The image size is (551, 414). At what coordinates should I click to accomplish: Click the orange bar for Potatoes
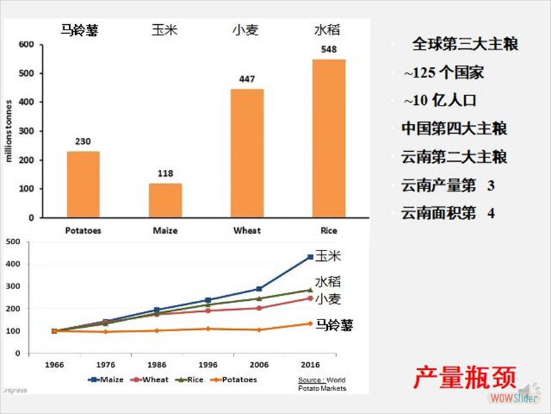click(83, 184)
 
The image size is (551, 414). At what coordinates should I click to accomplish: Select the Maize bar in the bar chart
click(165, 200)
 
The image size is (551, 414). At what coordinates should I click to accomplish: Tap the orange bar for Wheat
click(247, 153)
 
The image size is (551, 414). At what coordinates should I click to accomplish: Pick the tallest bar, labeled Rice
click(329, 138)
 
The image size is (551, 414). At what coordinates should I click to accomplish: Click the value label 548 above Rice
click(329, 50)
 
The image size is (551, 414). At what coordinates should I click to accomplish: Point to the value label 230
click(83, 141)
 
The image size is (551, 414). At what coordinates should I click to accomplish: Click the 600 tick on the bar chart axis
click(26, 45)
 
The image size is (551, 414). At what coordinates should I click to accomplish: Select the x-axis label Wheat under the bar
click(247, 230)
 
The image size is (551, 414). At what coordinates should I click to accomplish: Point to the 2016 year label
click(310, 364)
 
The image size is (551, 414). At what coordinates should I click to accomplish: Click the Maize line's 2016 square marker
click(310, 257)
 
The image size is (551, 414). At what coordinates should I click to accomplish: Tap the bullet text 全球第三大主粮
click(465, 45)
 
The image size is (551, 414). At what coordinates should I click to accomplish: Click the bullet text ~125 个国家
click(444, 72)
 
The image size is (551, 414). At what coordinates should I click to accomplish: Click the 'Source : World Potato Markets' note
click(322, 384)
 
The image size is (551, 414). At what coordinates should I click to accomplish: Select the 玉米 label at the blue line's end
click(328, 256)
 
